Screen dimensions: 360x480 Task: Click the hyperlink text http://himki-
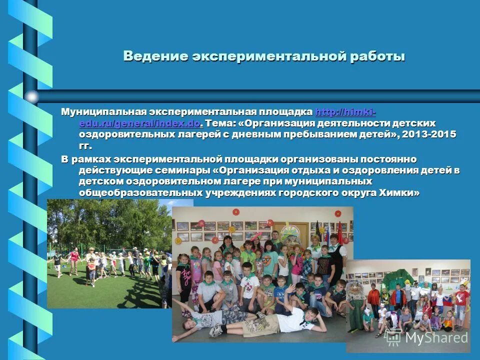(344, 111)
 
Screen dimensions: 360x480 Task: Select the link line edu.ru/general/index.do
(139, 123)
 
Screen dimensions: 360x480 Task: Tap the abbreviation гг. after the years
(85, 146)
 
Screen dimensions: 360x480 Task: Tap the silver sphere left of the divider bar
(31, 96)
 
